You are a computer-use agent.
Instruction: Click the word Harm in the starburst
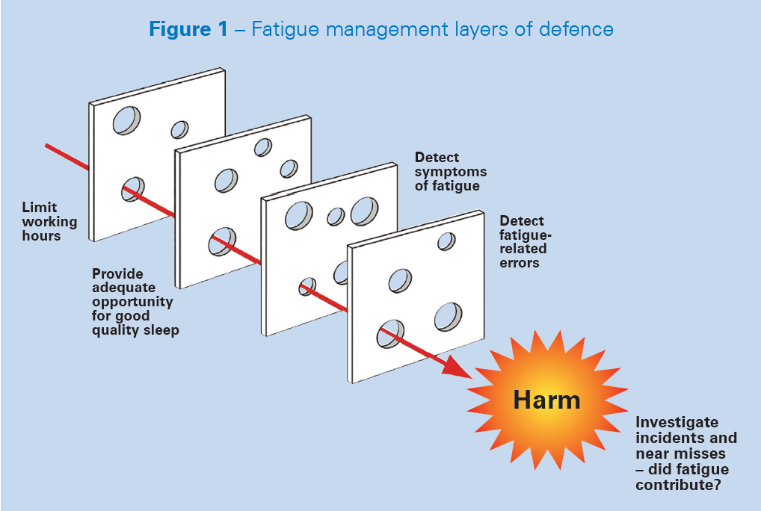point(546,400)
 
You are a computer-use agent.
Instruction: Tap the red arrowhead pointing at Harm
point(456,367)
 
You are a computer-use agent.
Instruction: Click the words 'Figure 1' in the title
point(188,29)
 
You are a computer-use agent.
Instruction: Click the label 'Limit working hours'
point(49,222)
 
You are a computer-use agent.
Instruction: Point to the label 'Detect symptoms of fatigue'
point(450,172)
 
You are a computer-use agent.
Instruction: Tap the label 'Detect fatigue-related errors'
point(526,242)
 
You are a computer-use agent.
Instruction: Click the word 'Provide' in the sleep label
point(117,273)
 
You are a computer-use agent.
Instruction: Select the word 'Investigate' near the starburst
point(677,422)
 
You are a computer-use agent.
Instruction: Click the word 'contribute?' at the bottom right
point(679,485)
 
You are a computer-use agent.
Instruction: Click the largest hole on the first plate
point(126,120)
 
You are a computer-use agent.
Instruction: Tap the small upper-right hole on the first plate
point(179,129)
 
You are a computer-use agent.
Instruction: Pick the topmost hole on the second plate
point(263,147)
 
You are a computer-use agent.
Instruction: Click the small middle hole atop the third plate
point(336,217)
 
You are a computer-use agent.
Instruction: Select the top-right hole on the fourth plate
point(446,241)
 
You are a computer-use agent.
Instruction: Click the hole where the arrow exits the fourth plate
point(391,333)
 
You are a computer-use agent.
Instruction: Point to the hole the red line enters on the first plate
point(133,189)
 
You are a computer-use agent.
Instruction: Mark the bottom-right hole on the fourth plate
point(448,317)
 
